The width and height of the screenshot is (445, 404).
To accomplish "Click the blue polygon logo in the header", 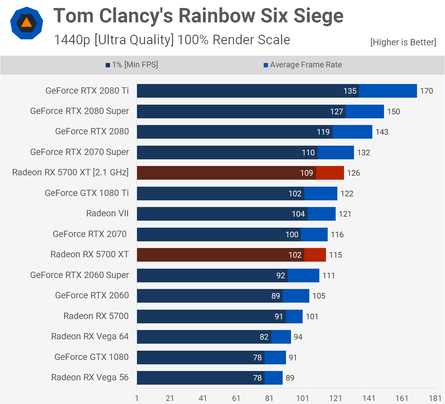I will coord(27,23).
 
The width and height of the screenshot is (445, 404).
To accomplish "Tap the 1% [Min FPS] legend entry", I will coord(132,65).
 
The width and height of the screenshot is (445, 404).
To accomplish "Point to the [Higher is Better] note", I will coord(403,42).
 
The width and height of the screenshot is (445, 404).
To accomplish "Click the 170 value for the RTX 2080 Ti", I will coord(426,91).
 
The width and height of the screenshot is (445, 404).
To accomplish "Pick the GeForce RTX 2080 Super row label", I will coord(79,111).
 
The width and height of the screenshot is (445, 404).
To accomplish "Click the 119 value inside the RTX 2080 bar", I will coord(323,132).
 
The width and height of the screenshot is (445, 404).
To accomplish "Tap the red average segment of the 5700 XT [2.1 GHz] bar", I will coord(330,173).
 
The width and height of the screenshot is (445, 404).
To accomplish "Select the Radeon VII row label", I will coord(107,213).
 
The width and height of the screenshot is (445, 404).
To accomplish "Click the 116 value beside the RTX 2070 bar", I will coord(337,235).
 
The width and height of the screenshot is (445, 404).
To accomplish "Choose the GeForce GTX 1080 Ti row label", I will coord(87,193).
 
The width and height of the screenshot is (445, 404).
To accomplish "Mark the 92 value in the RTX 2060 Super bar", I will coord(281,276).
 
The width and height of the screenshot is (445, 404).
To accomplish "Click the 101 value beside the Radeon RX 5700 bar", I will coord(312,317).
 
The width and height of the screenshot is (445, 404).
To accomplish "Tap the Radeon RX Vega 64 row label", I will coord(90,336).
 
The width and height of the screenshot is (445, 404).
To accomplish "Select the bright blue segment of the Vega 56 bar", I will coord(274,378).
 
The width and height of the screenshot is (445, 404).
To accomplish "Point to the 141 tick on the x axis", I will coord(369,398).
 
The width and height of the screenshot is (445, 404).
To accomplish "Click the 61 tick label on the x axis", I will coord(236,398).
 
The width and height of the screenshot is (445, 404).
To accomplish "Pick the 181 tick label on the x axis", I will coord(435,398).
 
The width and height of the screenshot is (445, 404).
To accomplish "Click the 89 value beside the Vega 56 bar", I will coord(290,378).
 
